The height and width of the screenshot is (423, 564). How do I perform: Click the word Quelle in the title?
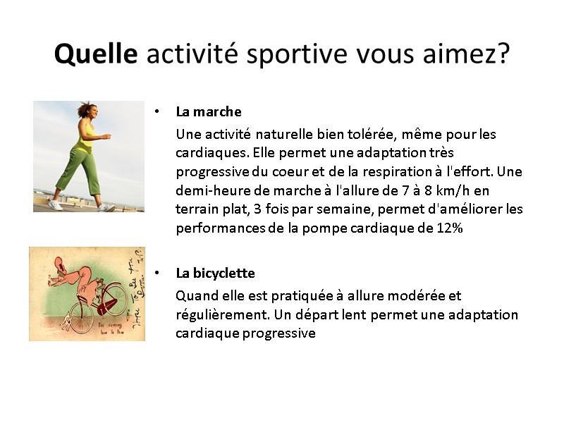[96, 54]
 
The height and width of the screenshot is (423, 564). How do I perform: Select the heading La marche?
[209, 111]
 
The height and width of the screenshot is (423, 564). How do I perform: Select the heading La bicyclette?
[215, 273]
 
